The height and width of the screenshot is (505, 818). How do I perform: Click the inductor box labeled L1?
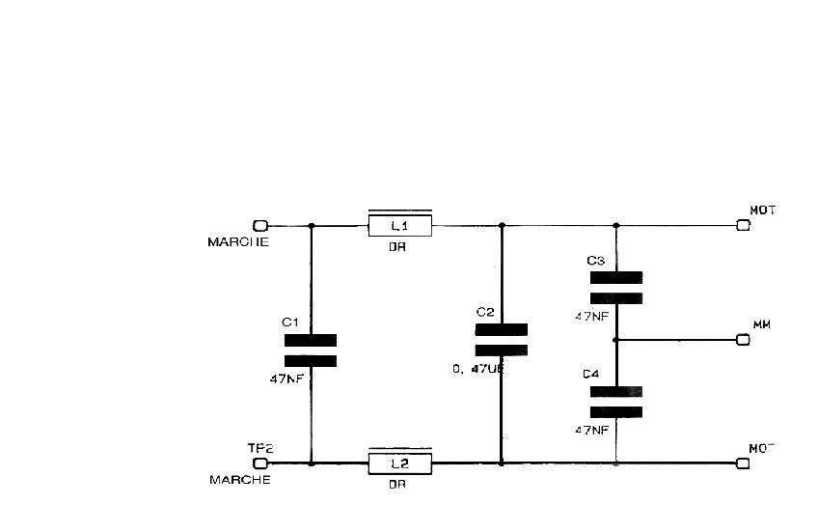(399, 226)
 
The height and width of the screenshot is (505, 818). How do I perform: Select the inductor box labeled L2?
(399, 463)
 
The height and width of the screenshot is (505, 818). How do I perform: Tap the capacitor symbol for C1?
(311, 351)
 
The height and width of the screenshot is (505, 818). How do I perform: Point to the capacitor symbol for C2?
(502, 340)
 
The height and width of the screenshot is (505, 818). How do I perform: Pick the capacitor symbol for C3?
(616, 288)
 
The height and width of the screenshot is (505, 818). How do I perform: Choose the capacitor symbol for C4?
(616, 403)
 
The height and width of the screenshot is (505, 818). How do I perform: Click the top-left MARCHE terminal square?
(259, 226)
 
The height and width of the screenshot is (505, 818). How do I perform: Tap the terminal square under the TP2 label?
(259, 463)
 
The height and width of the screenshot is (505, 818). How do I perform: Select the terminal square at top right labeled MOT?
(743, 226)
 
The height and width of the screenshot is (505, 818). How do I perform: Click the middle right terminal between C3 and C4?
(743, 340)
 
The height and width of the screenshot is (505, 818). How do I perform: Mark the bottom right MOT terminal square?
(743, 463)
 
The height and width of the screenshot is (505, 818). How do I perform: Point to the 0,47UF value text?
(477, 369)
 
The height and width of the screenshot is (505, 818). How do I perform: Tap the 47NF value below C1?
(287, 379)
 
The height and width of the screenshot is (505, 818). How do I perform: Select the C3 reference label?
(595, 261)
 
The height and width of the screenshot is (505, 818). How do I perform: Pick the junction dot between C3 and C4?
(616, 340)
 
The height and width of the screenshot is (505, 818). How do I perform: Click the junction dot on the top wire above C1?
(311, 226)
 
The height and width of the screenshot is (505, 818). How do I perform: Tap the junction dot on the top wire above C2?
(502, 226)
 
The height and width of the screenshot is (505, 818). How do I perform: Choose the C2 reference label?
(485, 312)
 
